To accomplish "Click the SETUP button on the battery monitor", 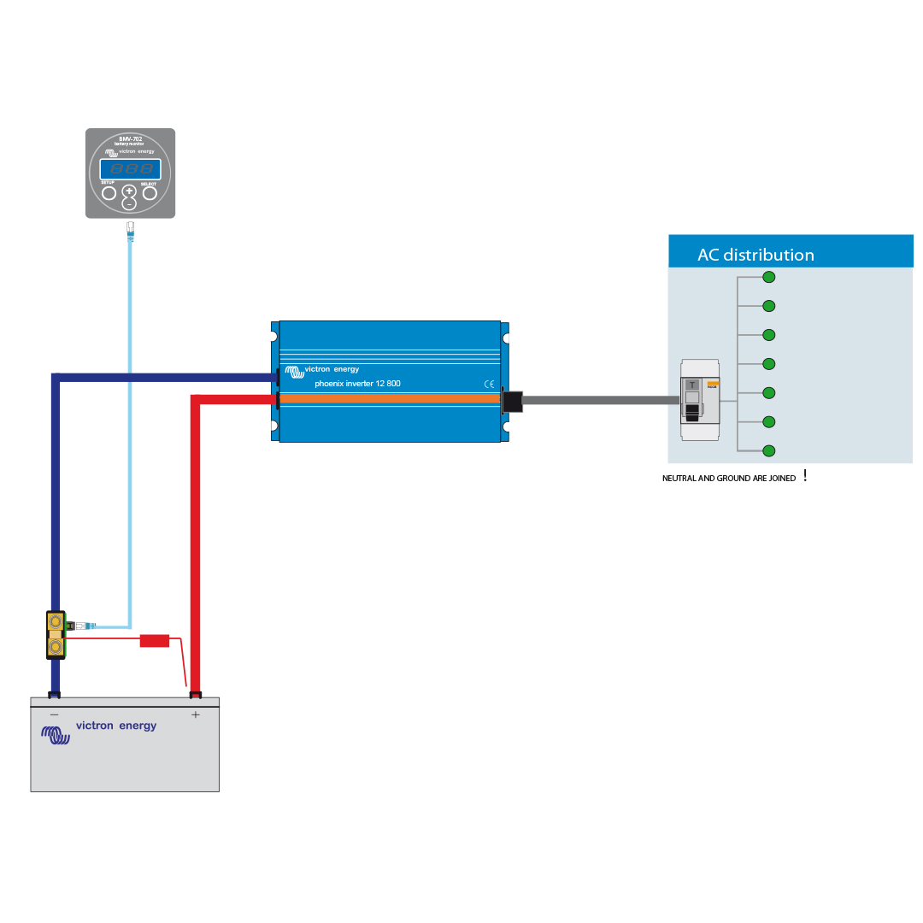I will click(x=109, y=193).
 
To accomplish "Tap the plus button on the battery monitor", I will click(x=129, y=191).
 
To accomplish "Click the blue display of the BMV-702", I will click(x=130, y=168).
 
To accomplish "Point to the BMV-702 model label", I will click(x=130, y=138).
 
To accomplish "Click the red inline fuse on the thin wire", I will click(x=155, y=640).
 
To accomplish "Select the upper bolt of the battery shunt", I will click(x=56, y=621).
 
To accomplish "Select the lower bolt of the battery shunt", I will click(x=56, y=648).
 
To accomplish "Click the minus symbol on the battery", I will click(x=54, y=714).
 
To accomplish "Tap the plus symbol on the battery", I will click(x=196, y=714).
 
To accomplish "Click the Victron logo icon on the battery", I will click(x=56, y=734).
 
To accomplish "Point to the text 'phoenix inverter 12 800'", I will click(x=357, y=384).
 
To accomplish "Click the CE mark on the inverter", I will click(x=489, y=384).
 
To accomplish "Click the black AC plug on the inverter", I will click(x=511, y=400).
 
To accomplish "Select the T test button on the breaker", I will click(x=692, y=385).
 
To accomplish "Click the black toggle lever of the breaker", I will click(x=692, y=411).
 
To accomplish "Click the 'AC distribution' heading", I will click(x=755, y=255).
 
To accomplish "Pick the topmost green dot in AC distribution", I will click(x=769, y=277).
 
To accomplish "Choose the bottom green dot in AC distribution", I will click(x=769, y=450).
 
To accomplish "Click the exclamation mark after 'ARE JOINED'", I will click(x=805, y=476).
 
